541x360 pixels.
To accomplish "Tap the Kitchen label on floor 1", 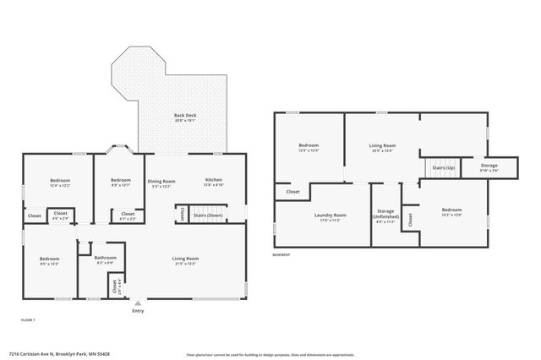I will coord(213,181).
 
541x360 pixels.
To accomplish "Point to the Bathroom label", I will coord(106,259).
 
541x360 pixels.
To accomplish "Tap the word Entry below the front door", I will coord(138,311).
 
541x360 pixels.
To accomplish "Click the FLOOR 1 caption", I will coord(29,320).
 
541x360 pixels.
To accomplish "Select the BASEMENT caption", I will coord(282,254).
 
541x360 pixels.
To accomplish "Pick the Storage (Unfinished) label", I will coord(385,215).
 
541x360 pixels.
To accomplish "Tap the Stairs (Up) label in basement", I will coord(443,168).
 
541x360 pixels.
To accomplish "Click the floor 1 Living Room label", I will coord(185,259).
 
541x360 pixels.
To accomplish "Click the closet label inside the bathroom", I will coord(112,286).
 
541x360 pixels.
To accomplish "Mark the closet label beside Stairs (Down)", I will coord(183,215).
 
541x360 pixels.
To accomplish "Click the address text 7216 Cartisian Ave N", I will coord(59,354).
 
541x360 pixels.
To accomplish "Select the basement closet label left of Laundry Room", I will coord(292,192).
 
